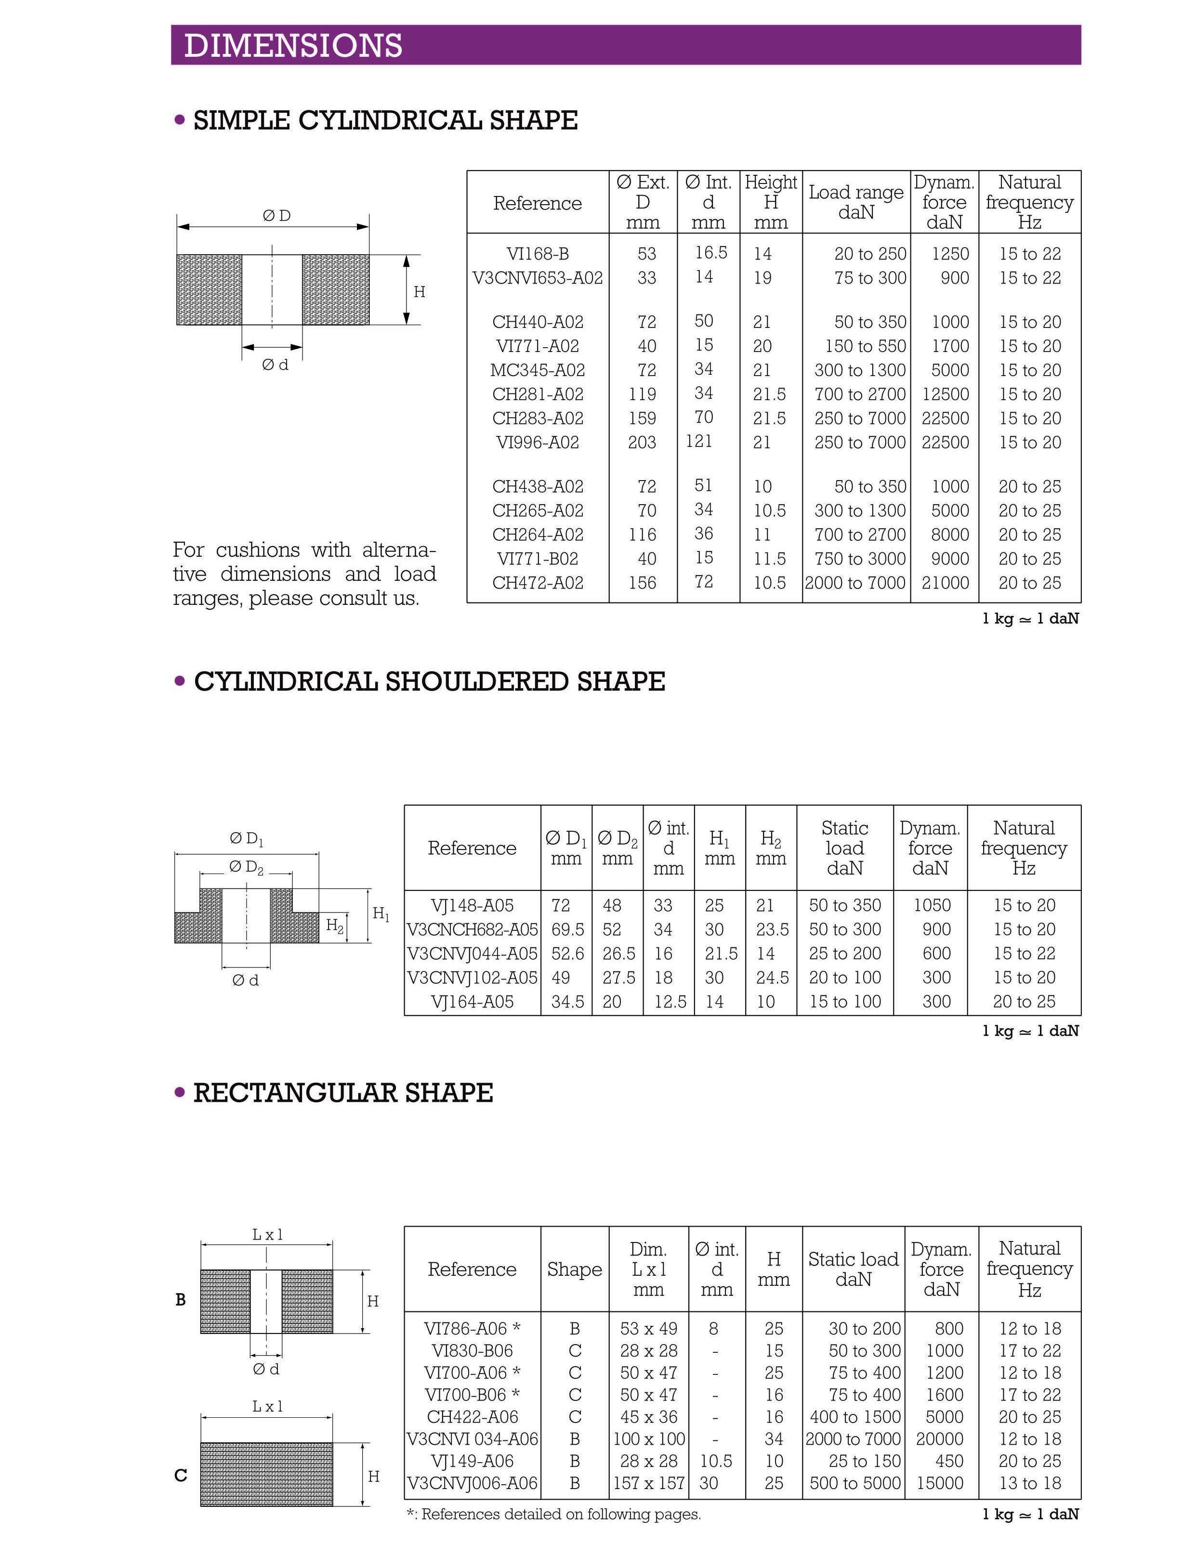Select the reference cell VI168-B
pos(537,254)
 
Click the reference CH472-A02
pos(538,583)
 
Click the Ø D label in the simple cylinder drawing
pos(276,215)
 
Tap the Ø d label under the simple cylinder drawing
pos(275,365)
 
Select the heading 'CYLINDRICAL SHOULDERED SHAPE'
pos(429,682)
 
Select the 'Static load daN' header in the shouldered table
pos(844,848)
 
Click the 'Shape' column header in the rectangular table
pos(574,1269)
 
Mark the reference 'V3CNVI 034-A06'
pos(472,1439)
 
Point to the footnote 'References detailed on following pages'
pos(554,1514)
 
